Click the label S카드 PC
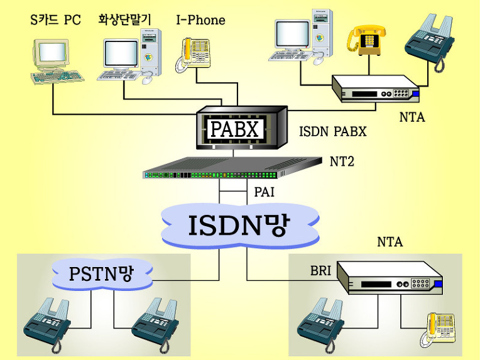[56, 20]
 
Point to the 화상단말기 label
[125, 20]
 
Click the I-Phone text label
[200, 20]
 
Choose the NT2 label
[342, 161]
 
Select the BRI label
[320, 271]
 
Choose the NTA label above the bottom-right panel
[390, 242]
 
